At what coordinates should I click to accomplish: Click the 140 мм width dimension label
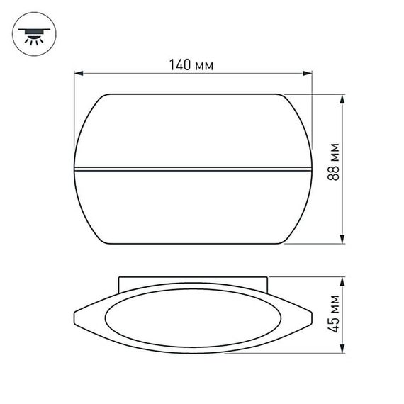click(x=191, y=64)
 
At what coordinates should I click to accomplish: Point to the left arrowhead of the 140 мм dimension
click(x=78, y=72)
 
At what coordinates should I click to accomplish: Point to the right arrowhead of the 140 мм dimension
click(x=309, y=72)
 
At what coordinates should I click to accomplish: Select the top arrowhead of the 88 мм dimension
click(x=344, y=99)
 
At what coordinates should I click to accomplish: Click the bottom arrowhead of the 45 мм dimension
click(x=344, y=350)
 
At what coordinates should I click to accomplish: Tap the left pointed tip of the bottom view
click(x=75, y=315)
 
